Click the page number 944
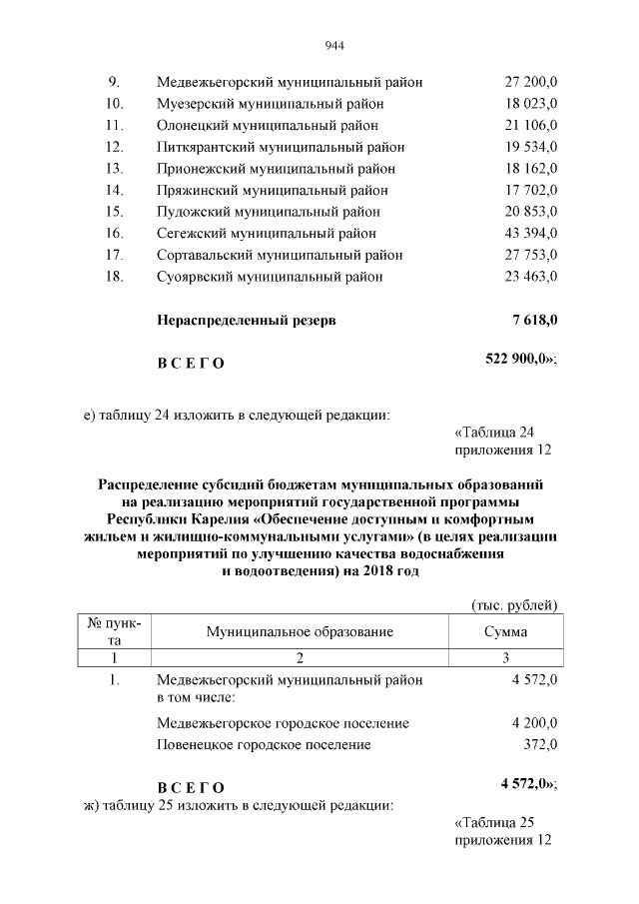(x=334, y=44)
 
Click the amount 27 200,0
(x=530, y=82)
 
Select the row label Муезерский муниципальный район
(x=270, y=104)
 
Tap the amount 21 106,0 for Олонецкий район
(x=530, y=125)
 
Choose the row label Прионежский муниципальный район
(x=276, y=169)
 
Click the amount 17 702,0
(x=530, y=190)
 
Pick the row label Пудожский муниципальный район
(x=269, y=212)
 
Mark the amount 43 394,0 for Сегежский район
(x=530, y=233)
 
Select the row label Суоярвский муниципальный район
(x=270, y=277)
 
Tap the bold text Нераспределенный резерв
(x=247, y=321)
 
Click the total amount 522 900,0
(x=518, y=360)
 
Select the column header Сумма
(x=505, y=631)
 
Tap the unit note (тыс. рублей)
(x=513, y=604)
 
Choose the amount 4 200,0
(x=533, y=723)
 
